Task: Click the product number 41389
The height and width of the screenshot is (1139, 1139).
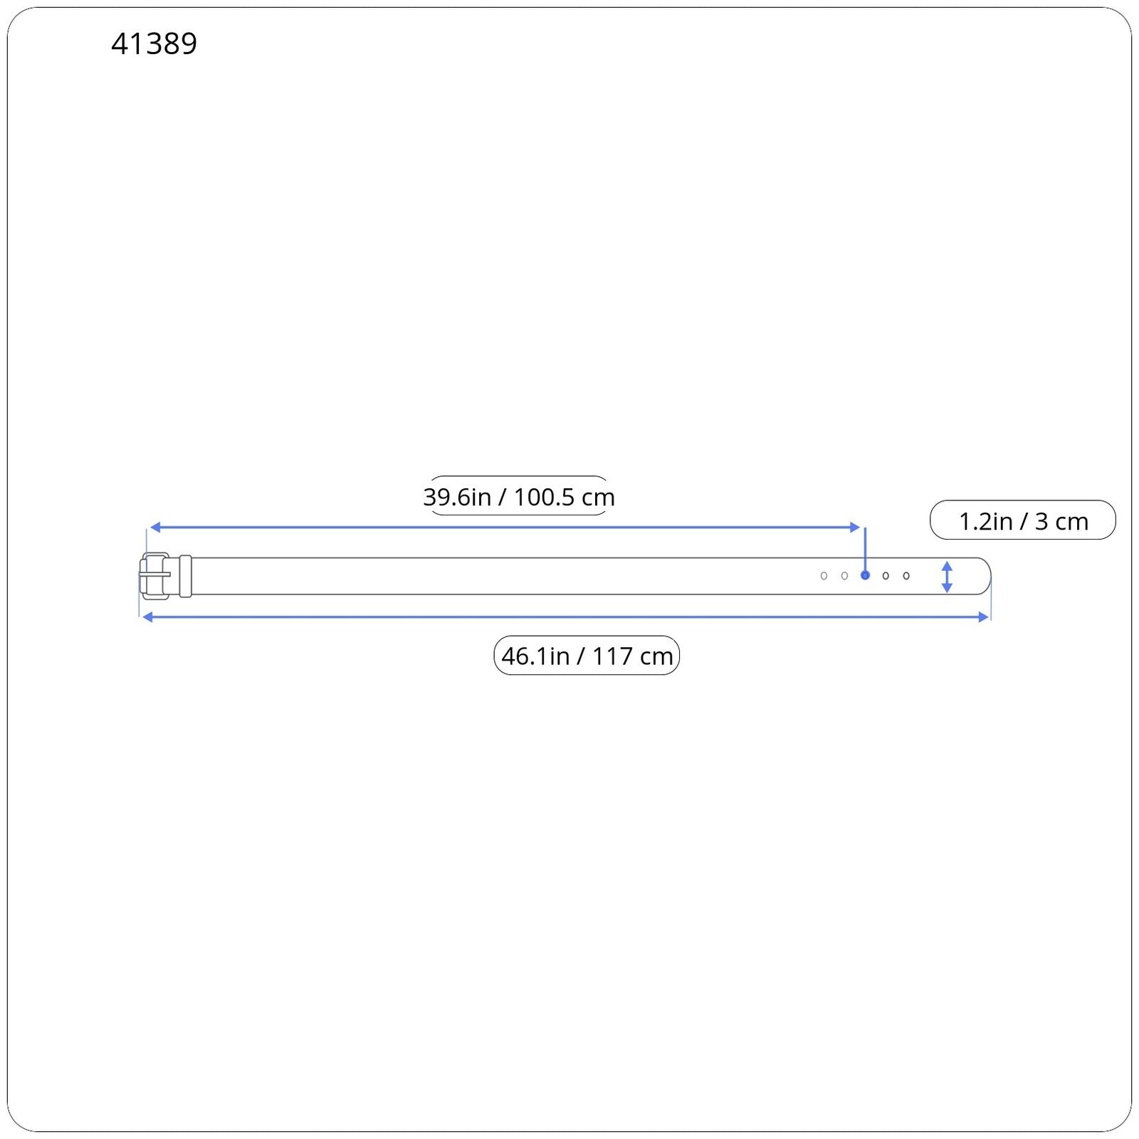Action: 154,43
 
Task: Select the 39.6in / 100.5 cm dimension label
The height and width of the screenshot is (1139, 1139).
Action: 519,496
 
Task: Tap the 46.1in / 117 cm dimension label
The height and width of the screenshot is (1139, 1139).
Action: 587,655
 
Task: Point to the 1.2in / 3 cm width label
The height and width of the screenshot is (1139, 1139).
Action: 1023,520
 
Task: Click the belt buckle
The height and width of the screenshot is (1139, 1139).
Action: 154,576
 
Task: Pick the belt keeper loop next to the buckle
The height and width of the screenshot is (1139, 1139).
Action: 186,576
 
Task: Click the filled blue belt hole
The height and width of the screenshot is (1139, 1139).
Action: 865,575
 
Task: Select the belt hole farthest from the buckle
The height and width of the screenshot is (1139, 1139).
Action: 906,576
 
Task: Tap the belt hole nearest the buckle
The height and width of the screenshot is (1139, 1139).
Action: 824,576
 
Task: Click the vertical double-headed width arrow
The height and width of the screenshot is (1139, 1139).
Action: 947,577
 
